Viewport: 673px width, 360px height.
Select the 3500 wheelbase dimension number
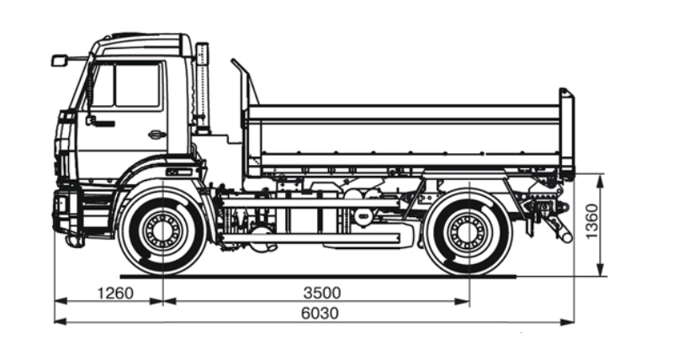(x=321, y=294)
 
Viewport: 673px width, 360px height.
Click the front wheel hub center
(x=162, y=230)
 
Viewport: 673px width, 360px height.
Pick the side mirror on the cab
(x=59, y=61)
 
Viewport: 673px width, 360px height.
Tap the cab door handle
(x=156, y=134)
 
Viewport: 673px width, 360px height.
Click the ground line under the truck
(x=320, y=275)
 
